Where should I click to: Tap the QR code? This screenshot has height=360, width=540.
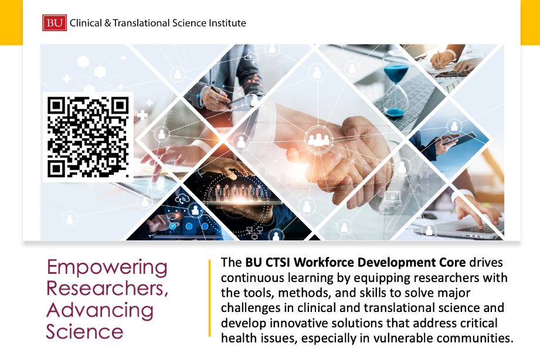point(87,137)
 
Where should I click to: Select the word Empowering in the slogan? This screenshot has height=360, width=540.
point(107,267)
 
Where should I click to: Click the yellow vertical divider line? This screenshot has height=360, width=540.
point(209,298)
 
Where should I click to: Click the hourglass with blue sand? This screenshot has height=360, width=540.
point(395,89)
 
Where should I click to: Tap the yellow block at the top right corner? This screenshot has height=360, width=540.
point(529,22)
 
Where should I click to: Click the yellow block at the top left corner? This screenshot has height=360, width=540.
point(11,22)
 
